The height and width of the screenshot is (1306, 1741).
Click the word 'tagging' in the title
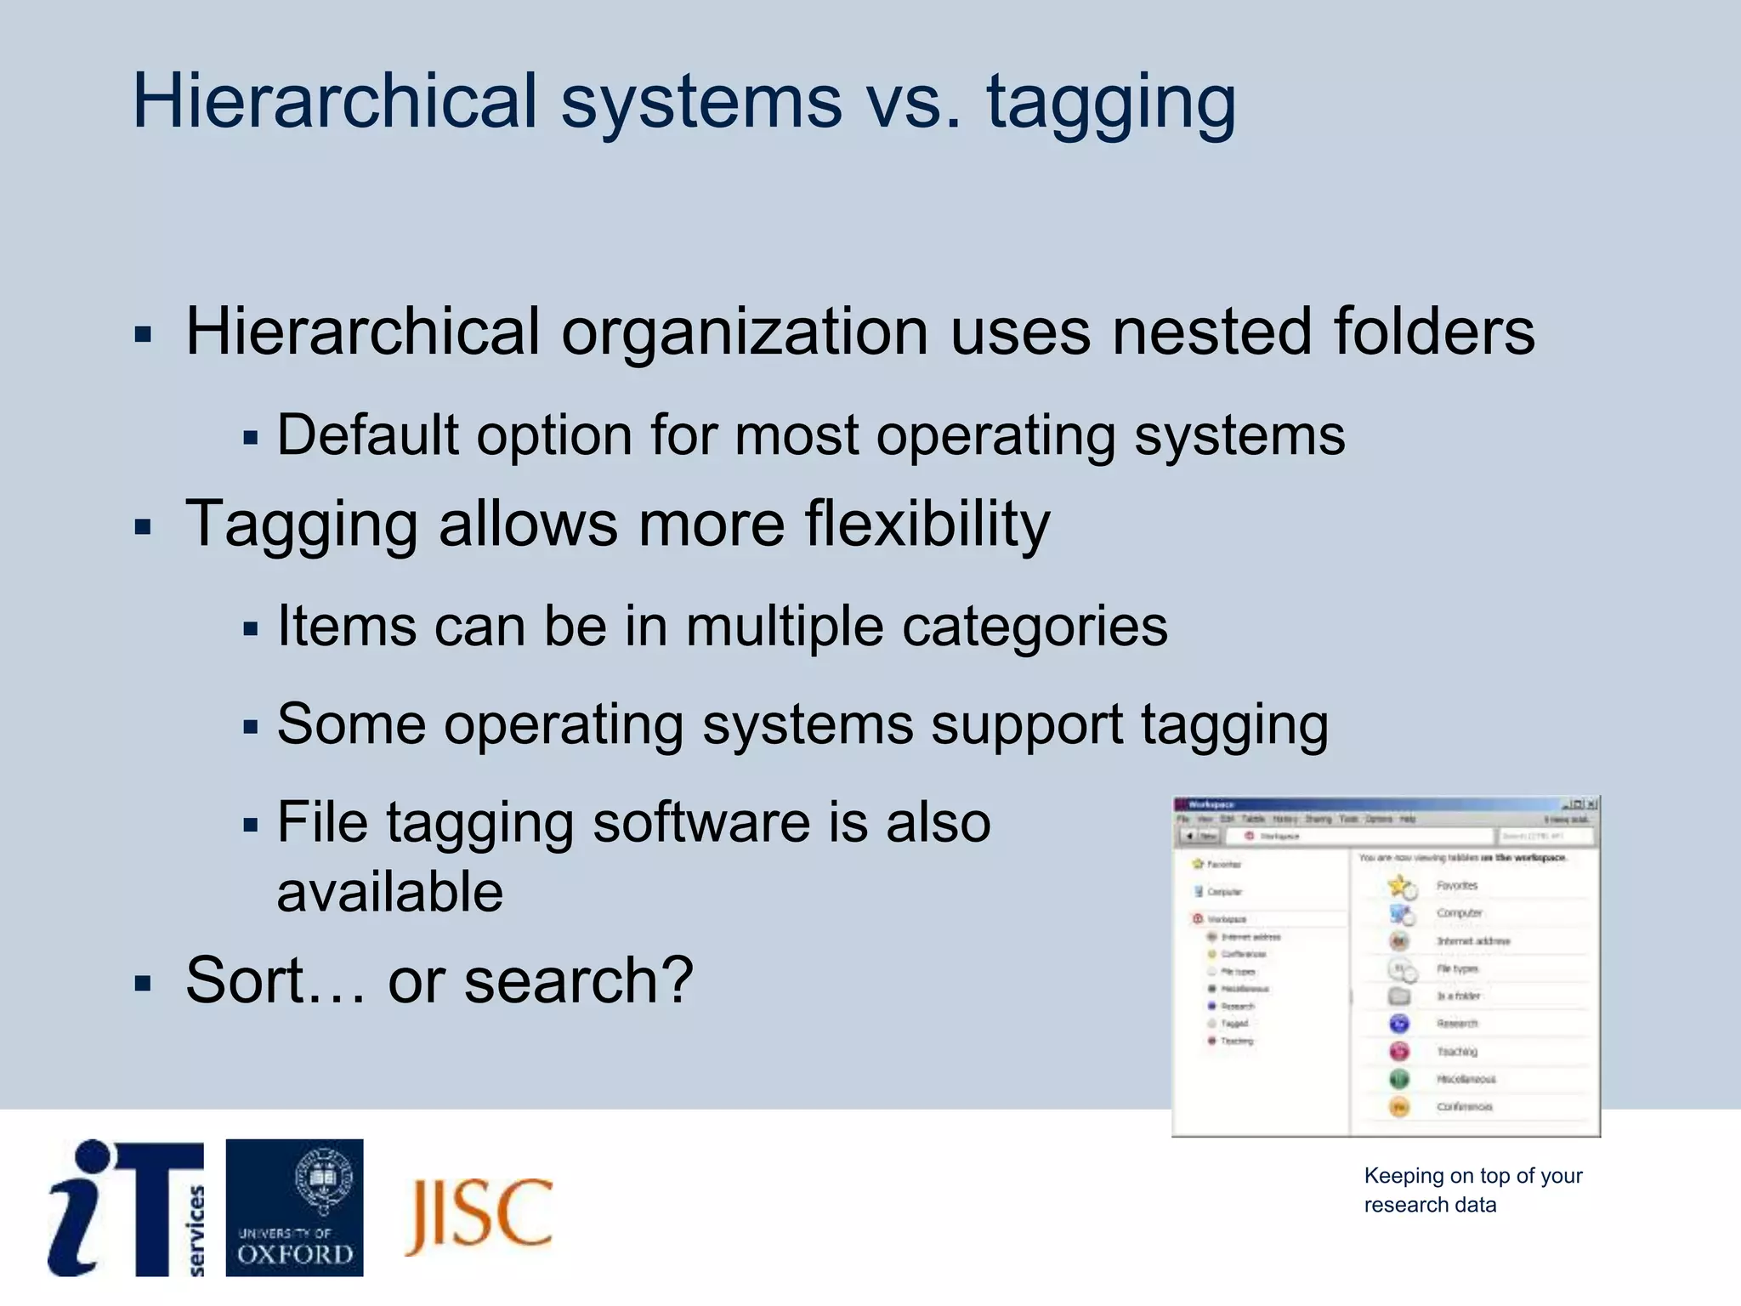tap(1110, 104)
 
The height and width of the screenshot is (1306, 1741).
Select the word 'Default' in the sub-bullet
tap(367, 435)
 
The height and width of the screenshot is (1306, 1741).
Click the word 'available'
tap(389, 892)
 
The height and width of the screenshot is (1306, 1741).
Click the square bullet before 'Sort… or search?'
tap(143, 985)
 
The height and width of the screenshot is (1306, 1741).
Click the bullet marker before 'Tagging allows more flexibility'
tap(143, 527)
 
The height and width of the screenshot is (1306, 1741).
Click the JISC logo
tap(479, 1214)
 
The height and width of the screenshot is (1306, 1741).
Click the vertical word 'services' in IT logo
tap(196, 1229)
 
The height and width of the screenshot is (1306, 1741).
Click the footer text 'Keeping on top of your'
tap(1472, 1176)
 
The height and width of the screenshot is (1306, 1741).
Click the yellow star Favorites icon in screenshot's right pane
tap(1399, 886)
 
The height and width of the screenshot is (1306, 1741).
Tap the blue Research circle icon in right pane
tap(1399, 1024)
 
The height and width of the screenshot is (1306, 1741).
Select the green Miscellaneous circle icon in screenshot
tap(1399, 1079)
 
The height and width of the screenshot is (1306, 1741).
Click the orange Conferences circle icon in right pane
tap(1399, 1107)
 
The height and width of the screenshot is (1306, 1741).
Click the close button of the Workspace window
tap(1591, 803)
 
